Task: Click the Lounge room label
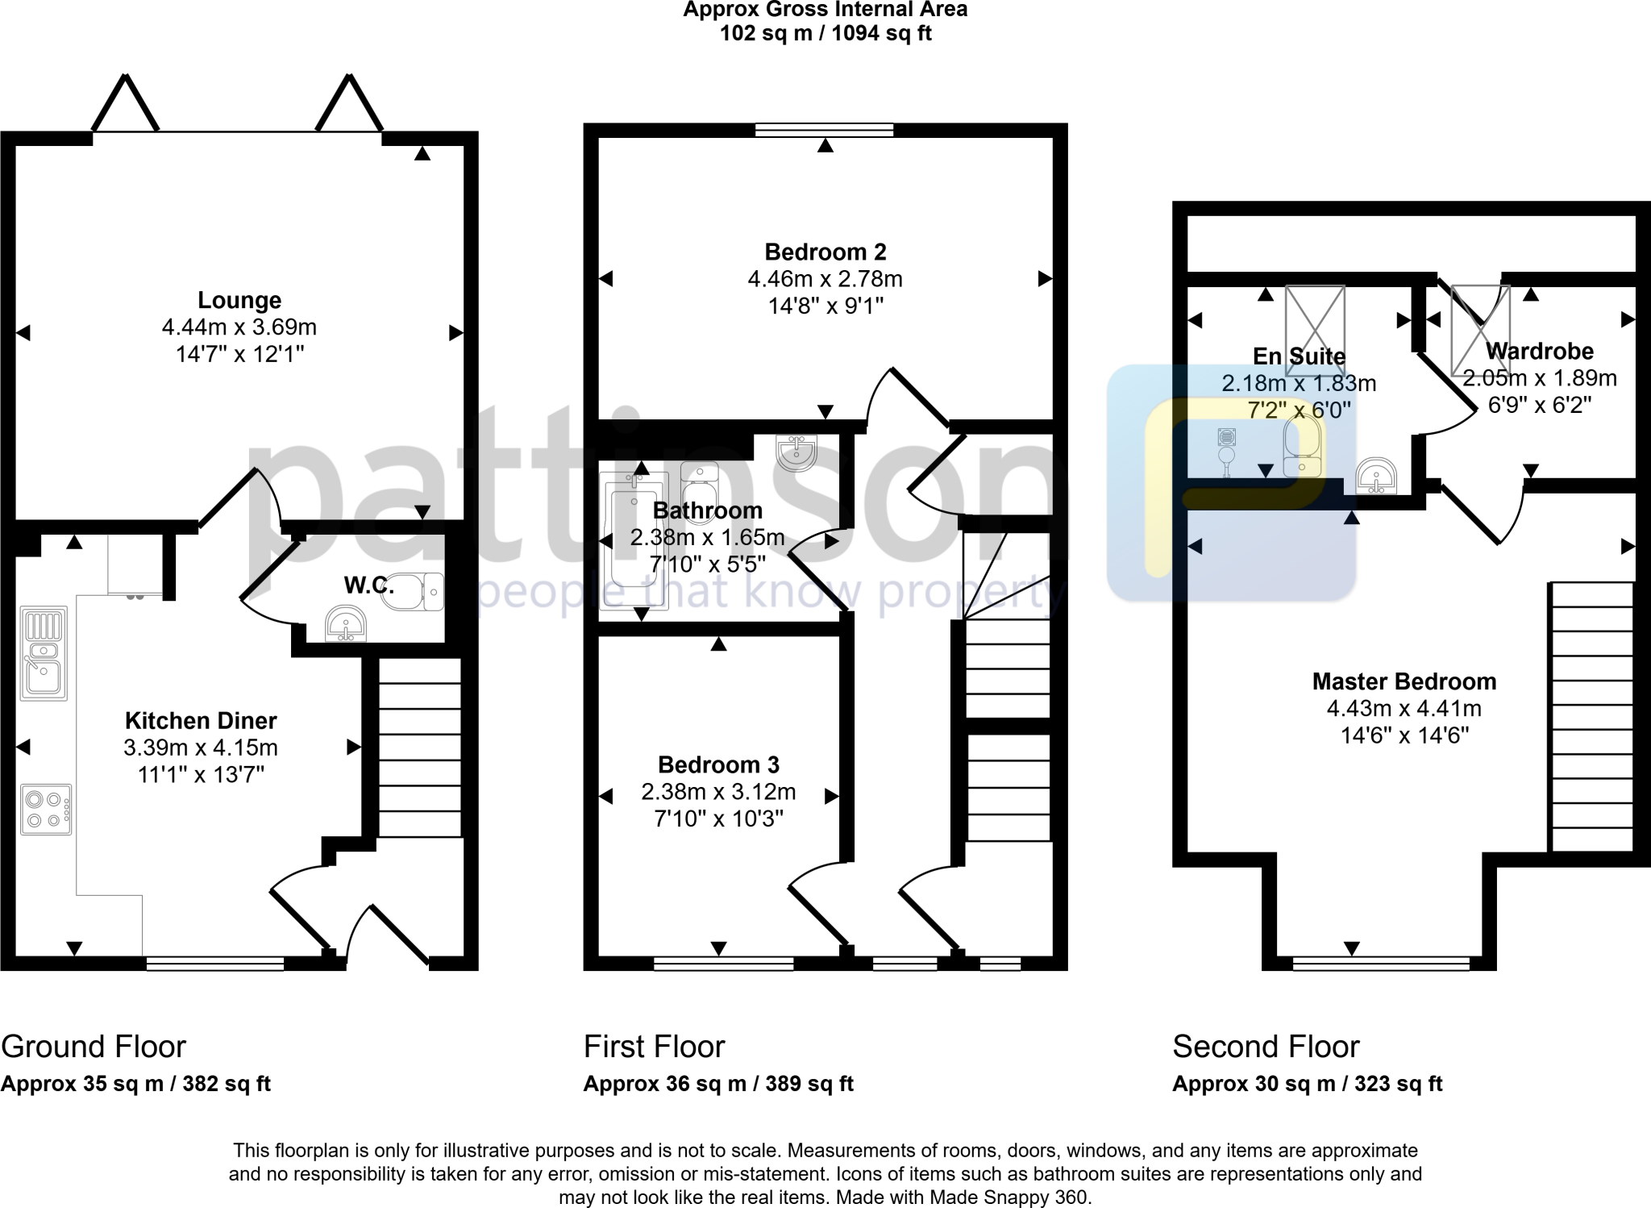tap(239, 300)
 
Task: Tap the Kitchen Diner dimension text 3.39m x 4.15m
tap(201, 748)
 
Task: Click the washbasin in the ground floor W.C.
tap(346, 624)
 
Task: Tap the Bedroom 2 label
tap(825, 252)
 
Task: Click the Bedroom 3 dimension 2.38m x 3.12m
tap(718, 792)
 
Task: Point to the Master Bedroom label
tap(1404, 681)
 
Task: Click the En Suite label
tap(1299, 356)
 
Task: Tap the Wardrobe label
tap(1539, 351)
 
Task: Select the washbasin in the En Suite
tap(1376, 476)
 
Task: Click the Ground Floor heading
tap(94, 1047)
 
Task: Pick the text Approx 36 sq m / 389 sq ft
tap(717, 1084)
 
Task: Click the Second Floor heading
tap(1265, 1047)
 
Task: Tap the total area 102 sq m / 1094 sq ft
tap(825, 34)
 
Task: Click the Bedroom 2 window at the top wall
tap(825, 130)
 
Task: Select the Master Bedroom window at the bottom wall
tap(1380, 963)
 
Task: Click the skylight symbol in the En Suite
tap(1315, 331)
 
